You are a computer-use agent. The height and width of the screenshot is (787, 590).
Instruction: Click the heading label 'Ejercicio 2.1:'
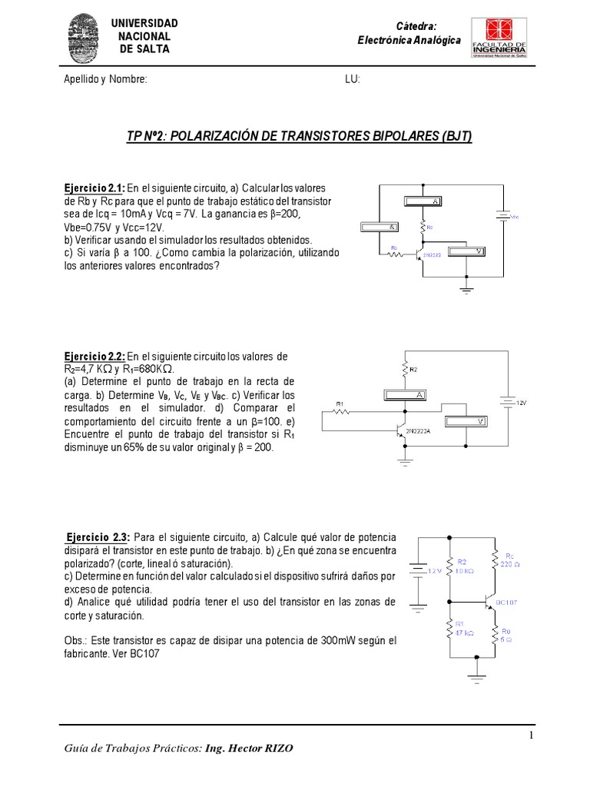click(93, 188)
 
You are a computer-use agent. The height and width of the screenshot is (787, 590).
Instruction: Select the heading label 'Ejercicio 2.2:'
click(93, 357)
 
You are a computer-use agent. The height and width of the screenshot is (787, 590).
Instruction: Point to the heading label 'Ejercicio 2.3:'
click(98, 536)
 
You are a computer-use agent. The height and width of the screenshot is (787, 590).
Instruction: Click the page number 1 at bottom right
click(530, 737)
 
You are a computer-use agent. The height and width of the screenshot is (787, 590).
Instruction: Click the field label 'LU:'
click(353, 80)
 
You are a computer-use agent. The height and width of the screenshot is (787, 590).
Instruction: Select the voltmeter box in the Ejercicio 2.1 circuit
click(467, 251)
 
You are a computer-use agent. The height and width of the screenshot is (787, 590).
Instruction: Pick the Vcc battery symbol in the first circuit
click(503, 218)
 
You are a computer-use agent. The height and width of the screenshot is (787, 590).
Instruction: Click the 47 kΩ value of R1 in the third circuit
click(465, 634)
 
